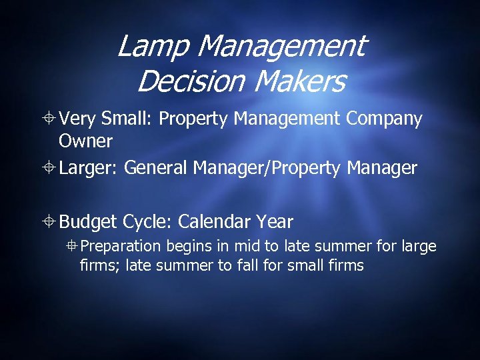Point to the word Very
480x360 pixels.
click(x=78, y=119)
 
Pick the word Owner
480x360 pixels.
click(x=86, y=141)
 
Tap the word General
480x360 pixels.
click(x=156, y=168)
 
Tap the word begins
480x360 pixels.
click(x=190, y=247)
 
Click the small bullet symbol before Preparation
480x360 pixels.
click(x=73, y=247)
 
